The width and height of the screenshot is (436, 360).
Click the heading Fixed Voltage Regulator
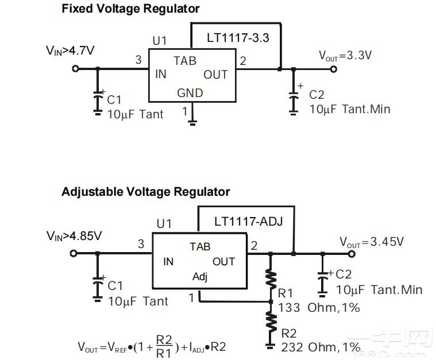click(130, 9)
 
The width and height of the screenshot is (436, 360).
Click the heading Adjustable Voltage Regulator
click(145, 192)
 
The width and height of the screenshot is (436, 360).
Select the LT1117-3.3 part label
click(238, 38)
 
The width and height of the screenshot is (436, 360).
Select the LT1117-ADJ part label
click(248, 221)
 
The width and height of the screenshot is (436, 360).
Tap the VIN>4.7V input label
click(70, 51)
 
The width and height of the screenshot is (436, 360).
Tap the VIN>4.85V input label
click(74, 235)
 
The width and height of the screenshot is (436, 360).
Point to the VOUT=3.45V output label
click(371, 242)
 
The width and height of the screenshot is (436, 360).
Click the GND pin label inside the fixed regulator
click(190, 92)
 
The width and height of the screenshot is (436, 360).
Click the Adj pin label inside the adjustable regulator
click(200, 277)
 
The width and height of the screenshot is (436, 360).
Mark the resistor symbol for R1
click(271, 278)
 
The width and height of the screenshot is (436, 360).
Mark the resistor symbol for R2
click(271, 323)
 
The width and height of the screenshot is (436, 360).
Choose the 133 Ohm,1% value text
click(319, 308)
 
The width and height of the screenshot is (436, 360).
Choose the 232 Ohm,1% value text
click(321, 347)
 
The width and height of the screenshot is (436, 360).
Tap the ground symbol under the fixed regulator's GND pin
click(193, 121)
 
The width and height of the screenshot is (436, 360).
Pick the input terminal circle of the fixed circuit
click(75, 69)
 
